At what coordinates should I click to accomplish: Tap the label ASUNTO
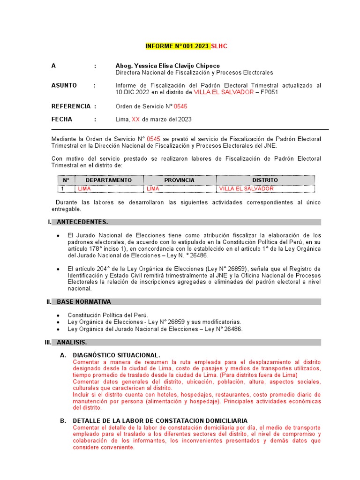click(x=64, y=85)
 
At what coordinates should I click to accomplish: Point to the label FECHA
click(x=62, y=120)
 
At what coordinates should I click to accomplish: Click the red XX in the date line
click(x=136, y=120)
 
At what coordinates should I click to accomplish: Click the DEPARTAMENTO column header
click(x=109, y=180)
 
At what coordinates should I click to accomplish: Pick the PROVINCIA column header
click(x=179, y=180)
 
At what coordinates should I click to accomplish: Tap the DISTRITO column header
click(x=265, y=180)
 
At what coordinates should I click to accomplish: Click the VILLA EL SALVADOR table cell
click(x=246, y=188)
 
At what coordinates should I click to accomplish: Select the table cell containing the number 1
click(x=62, y=188)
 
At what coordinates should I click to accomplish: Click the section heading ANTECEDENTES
click(x=82, y=222)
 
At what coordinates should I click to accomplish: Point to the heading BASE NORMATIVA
click(x=84, y=302)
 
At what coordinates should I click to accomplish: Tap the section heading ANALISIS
click(x=72, y=343)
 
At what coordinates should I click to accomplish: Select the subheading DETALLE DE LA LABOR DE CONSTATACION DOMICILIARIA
click(x=160, y=421)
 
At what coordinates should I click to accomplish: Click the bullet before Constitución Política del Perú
click(x=58, y=315)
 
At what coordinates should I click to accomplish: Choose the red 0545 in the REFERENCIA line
click(x=180, y=106)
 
